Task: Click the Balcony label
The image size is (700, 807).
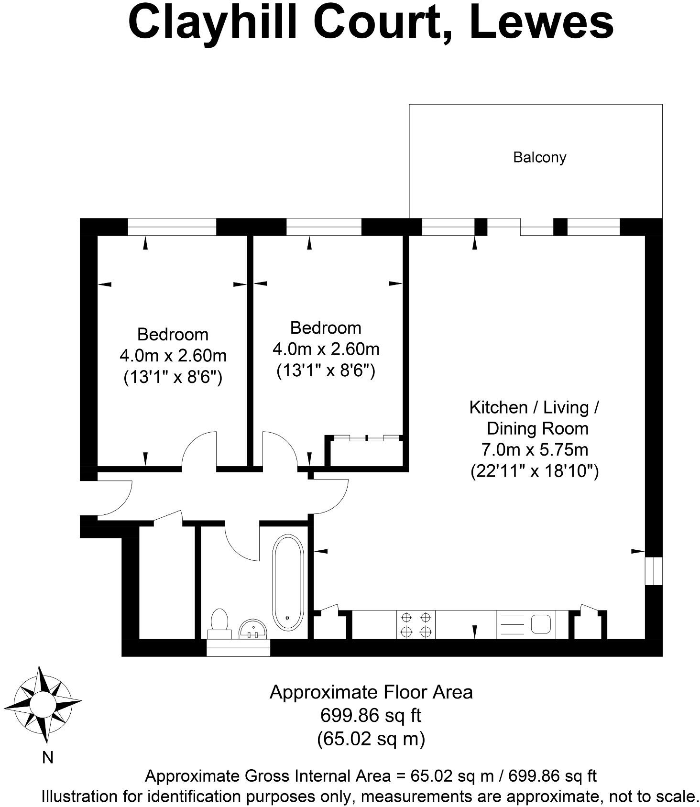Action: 539,157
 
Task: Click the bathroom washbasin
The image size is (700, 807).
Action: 253,629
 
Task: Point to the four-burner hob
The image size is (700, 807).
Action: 416,624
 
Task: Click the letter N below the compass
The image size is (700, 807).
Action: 47,758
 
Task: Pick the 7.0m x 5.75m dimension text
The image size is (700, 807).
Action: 534,450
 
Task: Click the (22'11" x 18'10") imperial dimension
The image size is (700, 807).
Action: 535,471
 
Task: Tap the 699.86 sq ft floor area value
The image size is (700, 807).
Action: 371,716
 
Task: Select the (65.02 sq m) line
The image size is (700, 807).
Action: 371,739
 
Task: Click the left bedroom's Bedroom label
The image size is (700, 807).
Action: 173,334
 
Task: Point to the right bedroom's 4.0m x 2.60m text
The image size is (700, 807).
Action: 326,349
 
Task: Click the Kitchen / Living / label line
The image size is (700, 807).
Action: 534,407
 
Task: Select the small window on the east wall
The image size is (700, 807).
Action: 653,570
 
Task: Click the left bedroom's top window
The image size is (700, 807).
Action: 172,227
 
